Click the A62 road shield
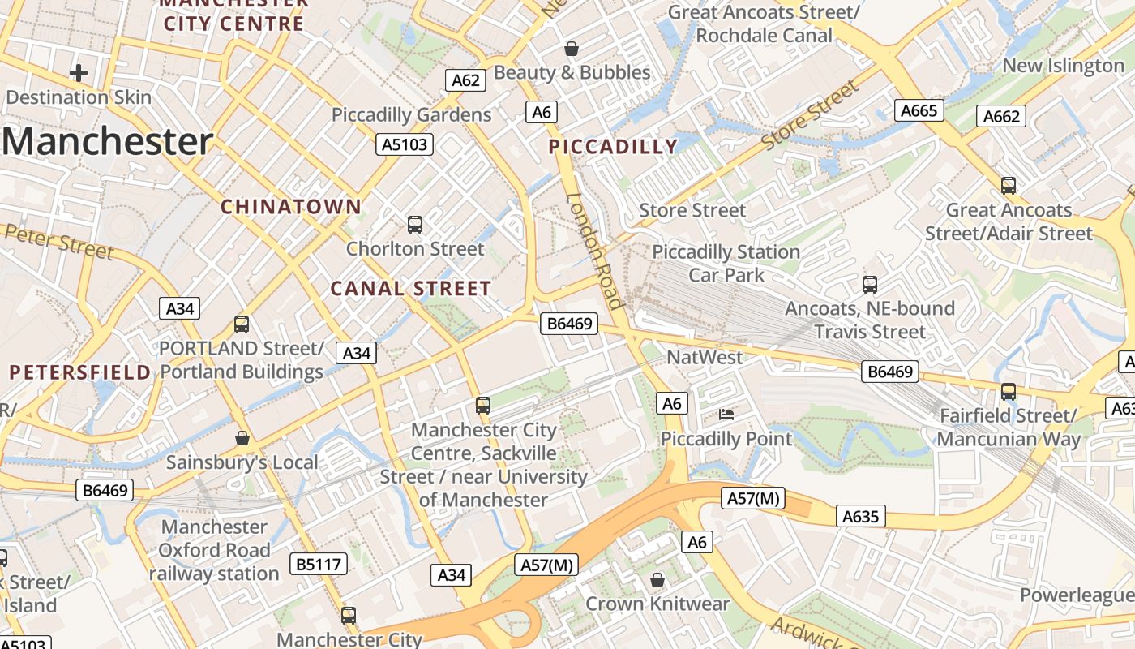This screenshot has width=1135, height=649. click(x=465, y=80)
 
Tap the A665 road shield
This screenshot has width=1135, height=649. click(x=919, y=110)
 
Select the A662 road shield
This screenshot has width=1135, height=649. click(x=1000, y=116)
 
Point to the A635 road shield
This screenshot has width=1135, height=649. click(x=860, y=516)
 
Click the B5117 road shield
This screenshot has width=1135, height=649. click(x=319, y=564)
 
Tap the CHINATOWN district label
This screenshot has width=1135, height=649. click(x=291, y=207)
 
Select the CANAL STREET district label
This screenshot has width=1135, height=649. click(x=410, y=289)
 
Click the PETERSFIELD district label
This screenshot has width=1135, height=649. click(x=80, y=372)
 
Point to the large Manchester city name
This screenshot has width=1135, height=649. click(x=107, y=141)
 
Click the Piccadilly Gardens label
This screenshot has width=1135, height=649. click(x=411, y=115)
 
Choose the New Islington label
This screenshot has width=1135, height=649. click(x=1063, y=66)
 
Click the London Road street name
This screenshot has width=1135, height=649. click(x=595, y=251)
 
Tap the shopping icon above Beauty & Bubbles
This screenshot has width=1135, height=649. click(x=572, y=49)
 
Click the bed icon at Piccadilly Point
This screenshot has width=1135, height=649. click(x=726, y=415)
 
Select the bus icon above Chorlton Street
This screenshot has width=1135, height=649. click(x=415, y=225)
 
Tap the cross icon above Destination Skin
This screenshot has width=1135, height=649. click(x=79, y=73)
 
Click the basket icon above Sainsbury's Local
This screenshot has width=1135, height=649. click(x=242, y=438)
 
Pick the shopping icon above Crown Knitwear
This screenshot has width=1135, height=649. click(x=657, y=580)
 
